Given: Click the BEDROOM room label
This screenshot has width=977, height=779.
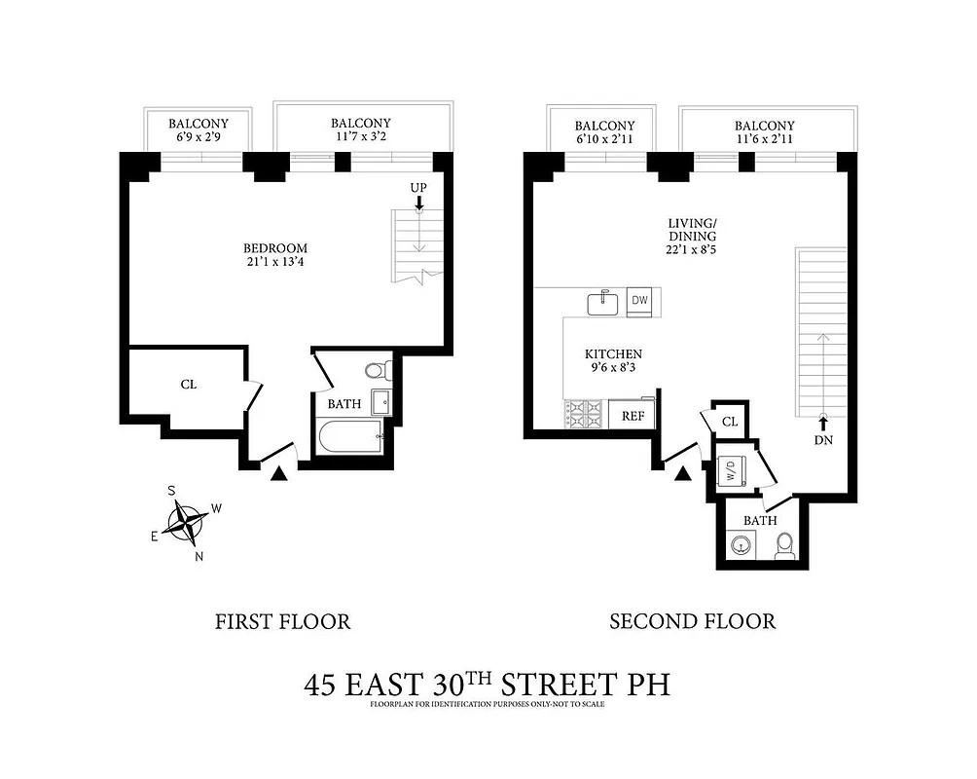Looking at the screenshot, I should [275, 248].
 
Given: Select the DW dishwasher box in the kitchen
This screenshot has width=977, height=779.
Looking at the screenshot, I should [639, 300].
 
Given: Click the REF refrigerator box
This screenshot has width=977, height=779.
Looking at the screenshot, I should [633, 416].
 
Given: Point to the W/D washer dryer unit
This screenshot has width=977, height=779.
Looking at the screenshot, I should [731, 472].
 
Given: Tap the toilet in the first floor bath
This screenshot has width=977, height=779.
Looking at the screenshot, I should [376, 370].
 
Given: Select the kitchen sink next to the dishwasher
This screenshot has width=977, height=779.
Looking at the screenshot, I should [603, 302].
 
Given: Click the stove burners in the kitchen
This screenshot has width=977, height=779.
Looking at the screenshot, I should [585, 415].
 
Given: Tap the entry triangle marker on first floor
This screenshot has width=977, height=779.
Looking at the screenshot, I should [279, 473].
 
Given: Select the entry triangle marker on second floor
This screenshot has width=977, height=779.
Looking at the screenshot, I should [682, 473].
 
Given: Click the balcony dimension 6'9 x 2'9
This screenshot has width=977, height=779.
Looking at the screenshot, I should [199, 137].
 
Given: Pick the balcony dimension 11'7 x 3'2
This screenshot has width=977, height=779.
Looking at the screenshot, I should [360, 137].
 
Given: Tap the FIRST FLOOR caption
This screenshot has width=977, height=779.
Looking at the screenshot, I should [282, 621].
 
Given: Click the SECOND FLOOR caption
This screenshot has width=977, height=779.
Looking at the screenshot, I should [692, 621].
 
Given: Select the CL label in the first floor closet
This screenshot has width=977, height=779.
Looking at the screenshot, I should [189, 384].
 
